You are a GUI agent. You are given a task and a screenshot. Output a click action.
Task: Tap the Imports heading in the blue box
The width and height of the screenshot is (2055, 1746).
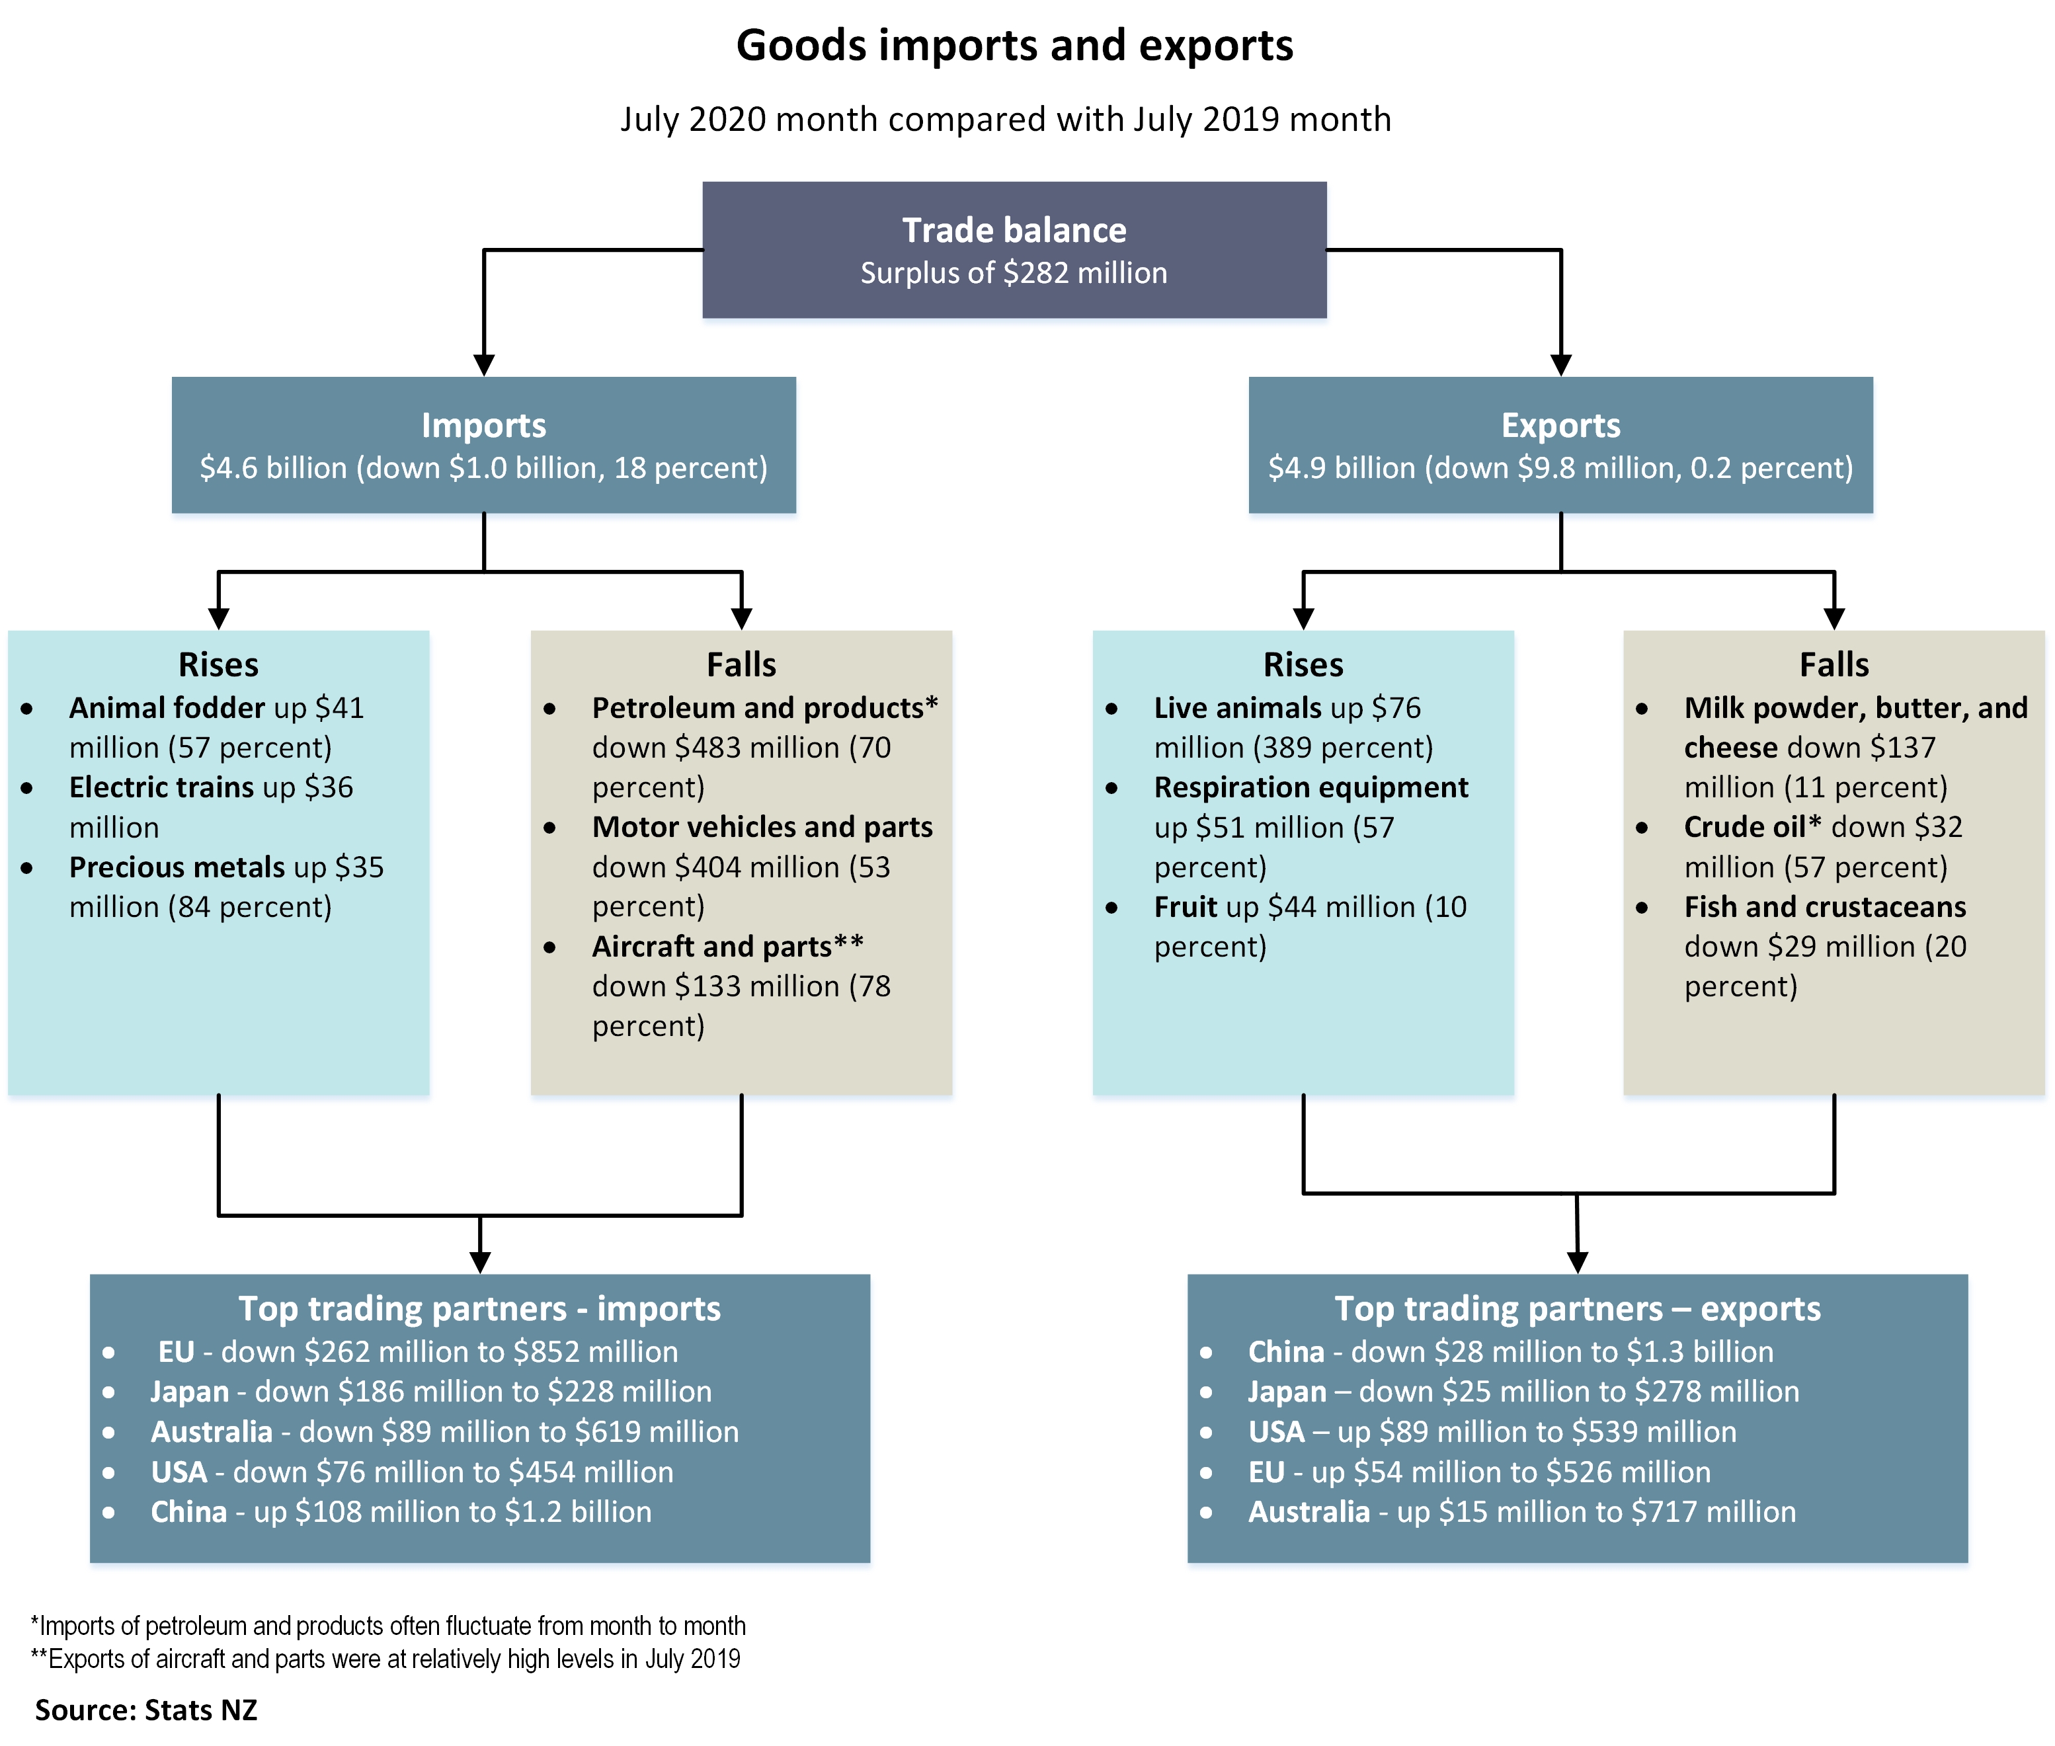pyautogui.click(x=483, y=426)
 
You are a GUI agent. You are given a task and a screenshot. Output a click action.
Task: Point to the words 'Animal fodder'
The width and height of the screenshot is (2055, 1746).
pyautogui.click(x=167, y=707)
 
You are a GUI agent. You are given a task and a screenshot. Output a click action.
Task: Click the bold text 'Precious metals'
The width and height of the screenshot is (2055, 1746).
pyautogui.click(x=176, y=867)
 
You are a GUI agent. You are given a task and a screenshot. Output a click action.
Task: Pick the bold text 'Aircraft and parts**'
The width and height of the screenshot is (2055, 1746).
pyautogui.click(x=727, y=946)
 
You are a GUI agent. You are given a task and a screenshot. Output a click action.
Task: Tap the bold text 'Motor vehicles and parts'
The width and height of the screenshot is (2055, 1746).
pyautogui.click(x=762, y=826)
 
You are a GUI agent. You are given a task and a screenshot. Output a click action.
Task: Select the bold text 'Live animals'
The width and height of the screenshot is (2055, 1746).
pyautogui.click(x=1237, y=707)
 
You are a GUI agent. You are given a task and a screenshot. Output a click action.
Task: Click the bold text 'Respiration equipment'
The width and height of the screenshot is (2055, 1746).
pyautogui.click(x=1310, y=787)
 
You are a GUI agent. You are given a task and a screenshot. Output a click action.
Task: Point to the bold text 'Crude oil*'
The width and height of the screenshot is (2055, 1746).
pyautogui.click(x=1752, y=826)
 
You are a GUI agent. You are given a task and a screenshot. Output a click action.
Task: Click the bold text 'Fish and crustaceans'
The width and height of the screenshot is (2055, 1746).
pyautogui.click(x=1824, y=906)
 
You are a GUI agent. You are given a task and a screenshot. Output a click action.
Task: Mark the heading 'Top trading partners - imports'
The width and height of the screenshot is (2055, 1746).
pyautogui.click(x=479, y=1308)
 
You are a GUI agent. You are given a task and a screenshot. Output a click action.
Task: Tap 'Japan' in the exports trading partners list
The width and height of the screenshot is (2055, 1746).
pyautogui.click(x=1286, y=1392)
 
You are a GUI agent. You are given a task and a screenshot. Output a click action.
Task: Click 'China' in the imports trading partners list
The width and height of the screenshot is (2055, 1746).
pyautogui.click(x=188, y=1511)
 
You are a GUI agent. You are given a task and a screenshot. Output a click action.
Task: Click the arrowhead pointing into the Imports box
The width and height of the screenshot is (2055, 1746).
pyautogui.click(x=484, y=365)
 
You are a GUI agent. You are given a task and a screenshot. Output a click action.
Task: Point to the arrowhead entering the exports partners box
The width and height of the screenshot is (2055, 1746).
pyautogui.click(x=1577, y=1262)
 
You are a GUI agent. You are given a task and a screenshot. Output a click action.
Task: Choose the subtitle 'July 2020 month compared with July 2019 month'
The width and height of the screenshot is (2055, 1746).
pyautogui.click(x=1005, y=119)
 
